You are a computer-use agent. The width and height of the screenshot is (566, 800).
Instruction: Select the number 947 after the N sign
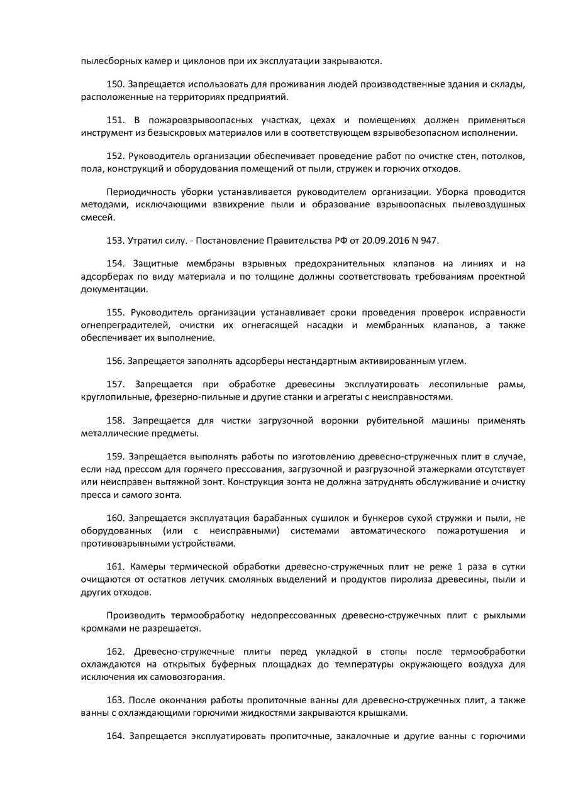[x=430, y=241]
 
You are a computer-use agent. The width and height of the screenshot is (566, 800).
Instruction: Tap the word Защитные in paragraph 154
[x=157, y=264]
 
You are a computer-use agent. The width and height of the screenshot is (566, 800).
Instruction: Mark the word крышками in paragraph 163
[x=387, y=712]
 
